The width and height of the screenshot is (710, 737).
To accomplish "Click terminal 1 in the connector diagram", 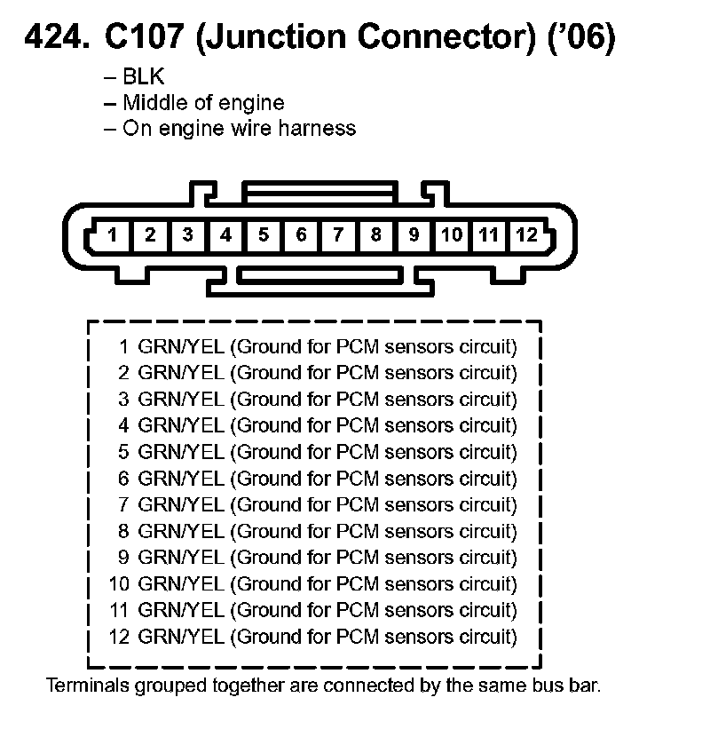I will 113,235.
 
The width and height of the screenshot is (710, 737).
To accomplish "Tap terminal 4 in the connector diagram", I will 226,235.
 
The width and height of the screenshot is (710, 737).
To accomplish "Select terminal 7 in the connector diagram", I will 338,235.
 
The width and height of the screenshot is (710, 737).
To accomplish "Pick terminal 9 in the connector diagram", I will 414,235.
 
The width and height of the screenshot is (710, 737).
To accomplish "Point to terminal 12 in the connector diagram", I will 526,235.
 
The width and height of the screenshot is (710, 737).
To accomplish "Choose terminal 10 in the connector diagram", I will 452,235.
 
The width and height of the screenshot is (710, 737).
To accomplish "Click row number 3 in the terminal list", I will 124,400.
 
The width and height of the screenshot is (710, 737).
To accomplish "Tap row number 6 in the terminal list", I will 124,479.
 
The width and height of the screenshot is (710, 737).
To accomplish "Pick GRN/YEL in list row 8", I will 181,532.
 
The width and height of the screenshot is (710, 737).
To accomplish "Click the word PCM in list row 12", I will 359,638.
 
